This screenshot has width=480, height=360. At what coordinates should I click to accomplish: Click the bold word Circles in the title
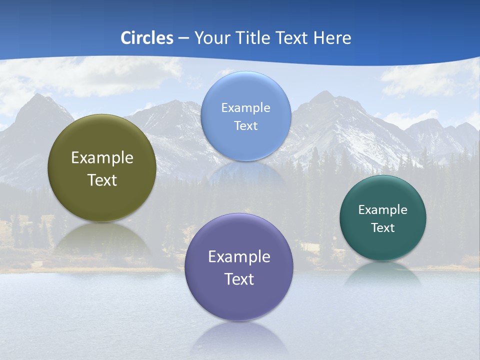[x=147, y=37]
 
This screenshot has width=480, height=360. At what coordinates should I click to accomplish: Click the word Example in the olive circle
[x=102, y=157]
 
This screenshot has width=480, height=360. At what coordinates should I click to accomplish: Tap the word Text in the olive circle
[x=102, y=180]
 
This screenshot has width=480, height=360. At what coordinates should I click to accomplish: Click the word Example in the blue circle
[x=246, y=107]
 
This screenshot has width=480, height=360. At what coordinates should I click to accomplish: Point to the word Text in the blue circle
[x=246, y=125]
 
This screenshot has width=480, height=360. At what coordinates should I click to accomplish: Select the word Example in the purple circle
[x=239, y=256]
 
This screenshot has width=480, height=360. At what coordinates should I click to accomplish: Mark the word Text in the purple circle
[x=239, y=279]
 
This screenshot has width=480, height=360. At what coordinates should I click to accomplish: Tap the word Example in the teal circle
[x=383, y=209]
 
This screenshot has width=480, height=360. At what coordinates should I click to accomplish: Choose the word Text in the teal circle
[x=383, y=227]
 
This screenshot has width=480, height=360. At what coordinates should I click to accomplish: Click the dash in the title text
[x=183, y=38]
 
